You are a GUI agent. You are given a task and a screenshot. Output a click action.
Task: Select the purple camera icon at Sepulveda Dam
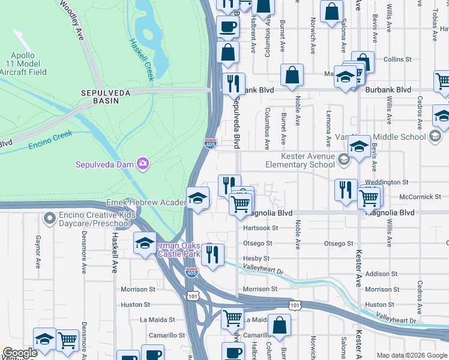pos(142,163)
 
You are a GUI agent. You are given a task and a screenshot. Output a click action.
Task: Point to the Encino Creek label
pos(53,136)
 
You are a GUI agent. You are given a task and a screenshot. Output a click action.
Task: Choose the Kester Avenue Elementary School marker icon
pos(343,160)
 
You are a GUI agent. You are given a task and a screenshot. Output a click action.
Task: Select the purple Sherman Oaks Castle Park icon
pos(209,248)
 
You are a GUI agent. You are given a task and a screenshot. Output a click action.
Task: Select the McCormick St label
pos(420,196)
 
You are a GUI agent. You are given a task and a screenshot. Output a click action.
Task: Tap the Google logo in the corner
pos(20,353)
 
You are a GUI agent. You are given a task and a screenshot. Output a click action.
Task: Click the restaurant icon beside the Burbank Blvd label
pos(233,83)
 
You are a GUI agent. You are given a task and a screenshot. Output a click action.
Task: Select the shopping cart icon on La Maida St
pos(232,317)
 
